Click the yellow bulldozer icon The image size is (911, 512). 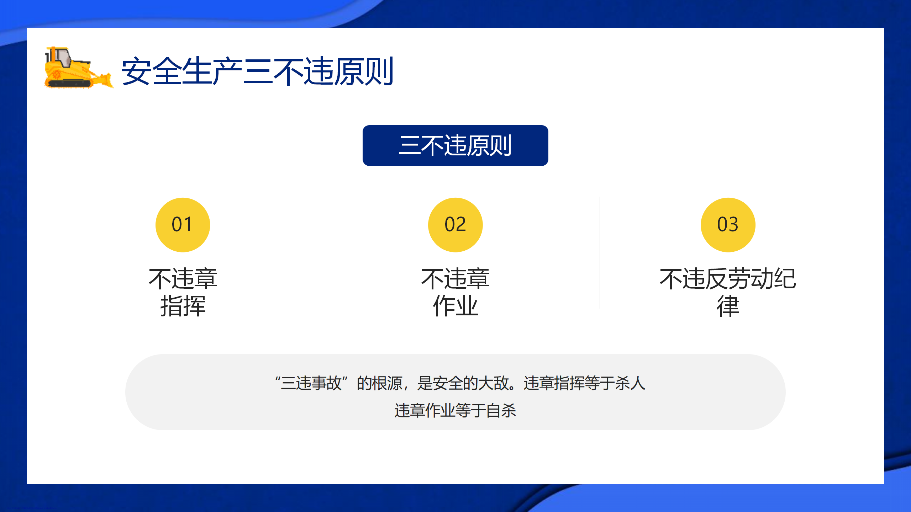point(79,68)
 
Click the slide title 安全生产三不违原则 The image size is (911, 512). point(257,71)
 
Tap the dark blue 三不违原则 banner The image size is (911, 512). point(455,145)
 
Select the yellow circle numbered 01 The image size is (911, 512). point(183,225)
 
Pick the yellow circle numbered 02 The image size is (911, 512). point(455,225)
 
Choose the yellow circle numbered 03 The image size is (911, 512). point(728,225)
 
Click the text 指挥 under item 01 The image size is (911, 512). point(183,306)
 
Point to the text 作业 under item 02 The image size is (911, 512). point(455,306)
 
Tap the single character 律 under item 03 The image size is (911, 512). point(728,306)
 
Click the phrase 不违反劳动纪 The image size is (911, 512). point(728,278)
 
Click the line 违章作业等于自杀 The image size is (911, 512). point(455,410)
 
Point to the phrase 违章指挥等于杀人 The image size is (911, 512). point(584,383)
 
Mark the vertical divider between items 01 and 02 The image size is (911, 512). point(340,252)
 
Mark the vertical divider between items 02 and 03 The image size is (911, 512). point(600,252)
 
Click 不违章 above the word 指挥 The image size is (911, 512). point(183,278)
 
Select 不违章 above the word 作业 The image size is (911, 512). point(455,278)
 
